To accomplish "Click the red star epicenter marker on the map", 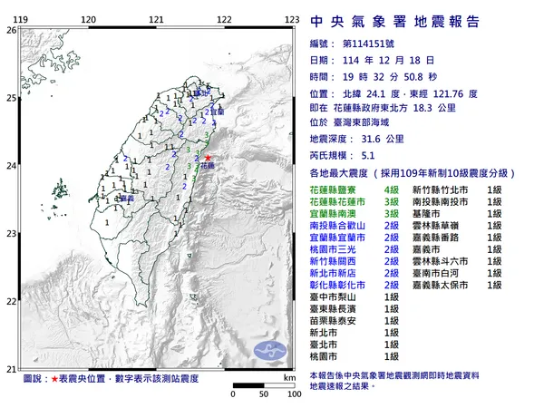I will coord(209,159).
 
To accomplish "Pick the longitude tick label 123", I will coord(292,19).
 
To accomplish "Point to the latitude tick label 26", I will coord(10,30).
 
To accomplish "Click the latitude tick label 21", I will coord(10,368).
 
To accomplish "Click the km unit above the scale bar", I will coord(288,377).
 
